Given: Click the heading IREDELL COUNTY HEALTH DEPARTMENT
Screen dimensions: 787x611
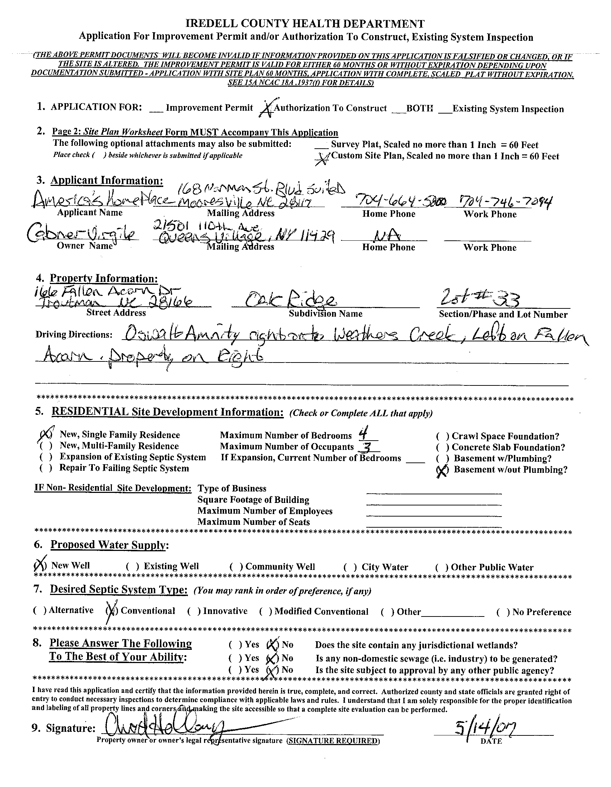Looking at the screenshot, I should [305, 24].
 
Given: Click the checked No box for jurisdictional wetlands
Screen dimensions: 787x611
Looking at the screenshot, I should [273, 644].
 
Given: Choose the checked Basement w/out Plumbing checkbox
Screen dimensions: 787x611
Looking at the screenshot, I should [442, 470].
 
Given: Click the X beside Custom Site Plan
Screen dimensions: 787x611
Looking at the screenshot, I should [323, 158].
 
